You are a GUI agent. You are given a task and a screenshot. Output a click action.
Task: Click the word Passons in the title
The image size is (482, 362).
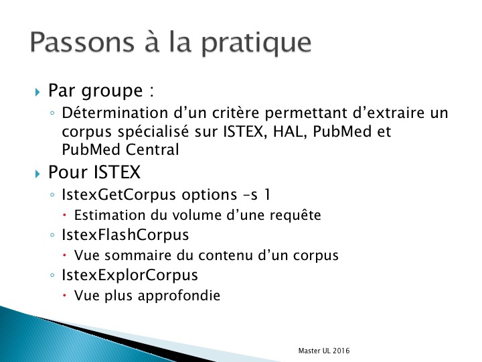(x=82, y=42)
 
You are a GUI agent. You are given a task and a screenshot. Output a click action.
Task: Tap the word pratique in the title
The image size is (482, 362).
(x=256, y=44)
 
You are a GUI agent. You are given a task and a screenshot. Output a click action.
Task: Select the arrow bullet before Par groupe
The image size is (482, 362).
(x=37, y=92)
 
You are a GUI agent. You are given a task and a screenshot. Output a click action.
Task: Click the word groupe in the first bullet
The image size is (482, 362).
(x=112, y=92)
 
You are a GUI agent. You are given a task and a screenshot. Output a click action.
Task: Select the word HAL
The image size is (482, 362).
(x=290, y=131)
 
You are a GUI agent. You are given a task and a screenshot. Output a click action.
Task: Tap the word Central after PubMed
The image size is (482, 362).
(x=152, y=149)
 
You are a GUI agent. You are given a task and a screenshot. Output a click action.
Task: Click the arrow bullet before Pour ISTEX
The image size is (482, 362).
(x=37, y=174)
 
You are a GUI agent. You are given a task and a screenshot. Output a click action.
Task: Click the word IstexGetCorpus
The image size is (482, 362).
(x=118, y=195)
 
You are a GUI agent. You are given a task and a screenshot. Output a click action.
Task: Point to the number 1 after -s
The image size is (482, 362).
(x=267, y=194)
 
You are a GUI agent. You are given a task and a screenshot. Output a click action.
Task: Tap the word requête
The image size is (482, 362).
(x=295, y=215)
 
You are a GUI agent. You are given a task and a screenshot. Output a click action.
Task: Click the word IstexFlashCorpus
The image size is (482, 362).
(x=125, y=235)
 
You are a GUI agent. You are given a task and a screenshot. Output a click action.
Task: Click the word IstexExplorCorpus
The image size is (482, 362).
(x=130, y=276)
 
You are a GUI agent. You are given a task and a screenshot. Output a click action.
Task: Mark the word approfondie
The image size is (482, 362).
(x=179, y=296)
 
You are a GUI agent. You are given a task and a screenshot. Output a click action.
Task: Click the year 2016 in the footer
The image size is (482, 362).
(x=341, y=351)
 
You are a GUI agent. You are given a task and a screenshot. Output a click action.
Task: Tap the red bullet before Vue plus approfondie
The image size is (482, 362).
(x=64, y=295)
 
